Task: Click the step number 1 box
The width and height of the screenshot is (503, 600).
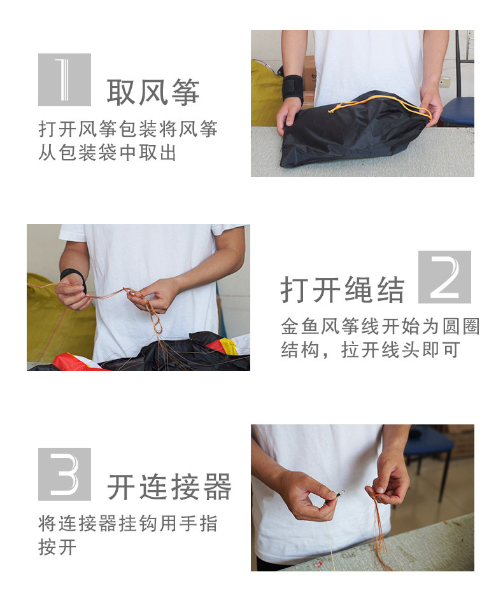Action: (64, 80)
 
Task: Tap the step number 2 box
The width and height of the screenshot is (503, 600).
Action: (444, 277)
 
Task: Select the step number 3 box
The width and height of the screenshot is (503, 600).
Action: (64, 474)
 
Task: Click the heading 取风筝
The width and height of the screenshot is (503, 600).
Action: (153, 92)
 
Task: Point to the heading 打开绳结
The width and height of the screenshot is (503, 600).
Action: (343, 290)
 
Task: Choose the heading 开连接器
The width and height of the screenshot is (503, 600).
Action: (169, 487)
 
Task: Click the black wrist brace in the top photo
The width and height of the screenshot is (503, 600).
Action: (293, 89)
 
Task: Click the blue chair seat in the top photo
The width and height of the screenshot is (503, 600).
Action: (458, 110)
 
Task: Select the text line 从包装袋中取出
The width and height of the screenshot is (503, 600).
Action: (108, 153)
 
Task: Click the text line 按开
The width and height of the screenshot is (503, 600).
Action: (57, 547)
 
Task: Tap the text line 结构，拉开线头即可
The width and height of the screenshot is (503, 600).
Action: (371, 350)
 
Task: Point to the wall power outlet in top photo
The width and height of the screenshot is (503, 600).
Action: (444, 81)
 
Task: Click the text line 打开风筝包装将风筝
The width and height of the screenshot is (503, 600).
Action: (128, 129)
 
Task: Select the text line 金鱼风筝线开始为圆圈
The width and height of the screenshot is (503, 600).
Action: (380, 326)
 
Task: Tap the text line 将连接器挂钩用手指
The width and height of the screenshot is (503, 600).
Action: (128, 524)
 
